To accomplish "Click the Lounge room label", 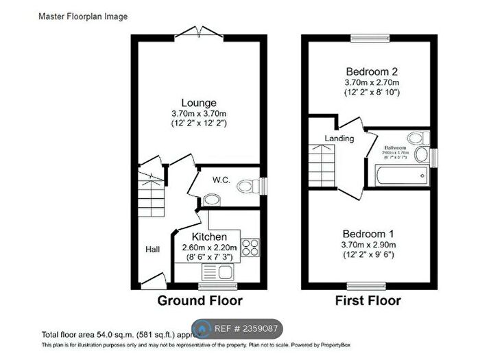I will (x=200, y=103).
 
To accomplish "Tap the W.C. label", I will (x=220, y=181).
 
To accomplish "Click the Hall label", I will (x=152, y=250).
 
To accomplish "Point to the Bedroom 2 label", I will (x=372, y=71).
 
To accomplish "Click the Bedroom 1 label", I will (x=372, y=233).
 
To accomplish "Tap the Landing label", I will (x=339, y=139).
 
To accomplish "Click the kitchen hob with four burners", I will (x=250, y=246).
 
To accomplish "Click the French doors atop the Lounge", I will (x=198, y=32).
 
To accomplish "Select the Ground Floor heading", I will (x=200, y=300).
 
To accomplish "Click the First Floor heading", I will (x=368, y=300).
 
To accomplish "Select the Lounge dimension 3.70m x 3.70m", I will (x=200, y=113).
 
